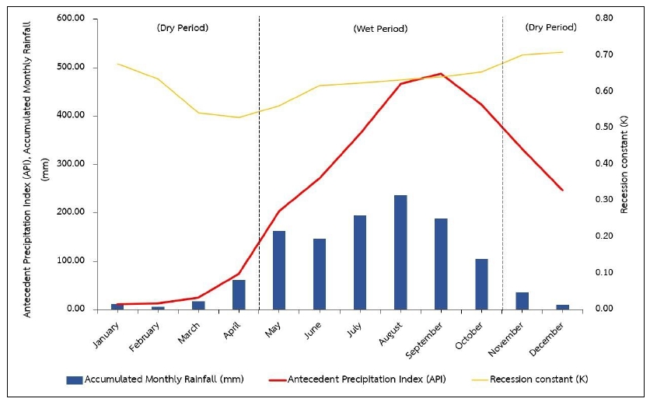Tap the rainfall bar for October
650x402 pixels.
(x=481, y=284)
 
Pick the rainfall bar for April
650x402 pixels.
(x=239, y=294)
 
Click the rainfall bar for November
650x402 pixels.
(x=522, y=300)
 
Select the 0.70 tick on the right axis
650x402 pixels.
(x=604, y=54)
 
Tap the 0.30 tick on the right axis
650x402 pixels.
(x=604, y=200)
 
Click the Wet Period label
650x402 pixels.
(x=380, y=29)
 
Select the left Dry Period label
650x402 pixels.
(x=183, y=28)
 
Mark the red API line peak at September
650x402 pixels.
(x=441, y=74)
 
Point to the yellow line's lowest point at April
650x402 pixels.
(x=239, y=117)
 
